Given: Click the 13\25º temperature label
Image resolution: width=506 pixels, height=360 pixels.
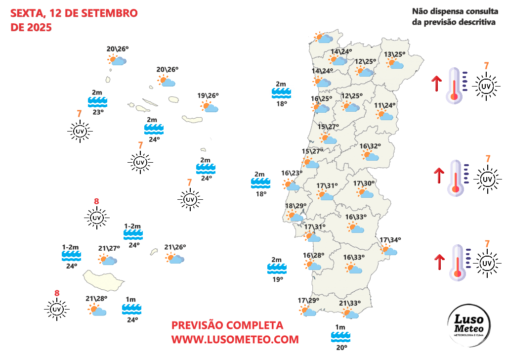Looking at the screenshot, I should click(x=395, y=54).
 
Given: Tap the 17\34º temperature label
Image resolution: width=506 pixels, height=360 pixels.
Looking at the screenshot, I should click(x=390, y=240).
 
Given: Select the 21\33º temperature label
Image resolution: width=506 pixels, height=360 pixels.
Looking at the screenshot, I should click(x=350, y=304).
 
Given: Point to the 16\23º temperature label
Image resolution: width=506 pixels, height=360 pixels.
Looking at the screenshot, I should click(x=292, y=173).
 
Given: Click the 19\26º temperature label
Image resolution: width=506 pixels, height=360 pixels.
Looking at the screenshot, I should click(x=208, y=96).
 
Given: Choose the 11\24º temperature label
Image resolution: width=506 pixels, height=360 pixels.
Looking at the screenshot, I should click(x=384, y=105).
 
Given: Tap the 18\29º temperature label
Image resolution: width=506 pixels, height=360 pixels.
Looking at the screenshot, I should click(x=296, y=206).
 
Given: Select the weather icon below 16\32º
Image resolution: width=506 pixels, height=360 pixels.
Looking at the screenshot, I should click(x=370, y=155).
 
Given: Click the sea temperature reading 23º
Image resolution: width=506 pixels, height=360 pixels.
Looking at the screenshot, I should click(x=98, y=112).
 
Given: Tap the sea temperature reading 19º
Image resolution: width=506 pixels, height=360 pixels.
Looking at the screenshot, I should click(x=277, y=279).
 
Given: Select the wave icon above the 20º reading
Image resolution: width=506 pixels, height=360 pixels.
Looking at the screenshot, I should click(x=340, y=337).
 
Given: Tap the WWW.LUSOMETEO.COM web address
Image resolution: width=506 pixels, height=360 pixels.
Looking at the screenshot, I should click(x=235, y=340).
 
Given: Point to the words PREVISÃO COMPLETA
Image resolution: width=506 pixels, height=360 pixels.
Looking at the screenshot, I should click(x=227, y=325).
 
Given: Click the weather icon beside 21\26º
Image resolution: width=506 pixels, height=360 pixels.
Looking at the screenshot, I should click(x=175, y=258).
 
